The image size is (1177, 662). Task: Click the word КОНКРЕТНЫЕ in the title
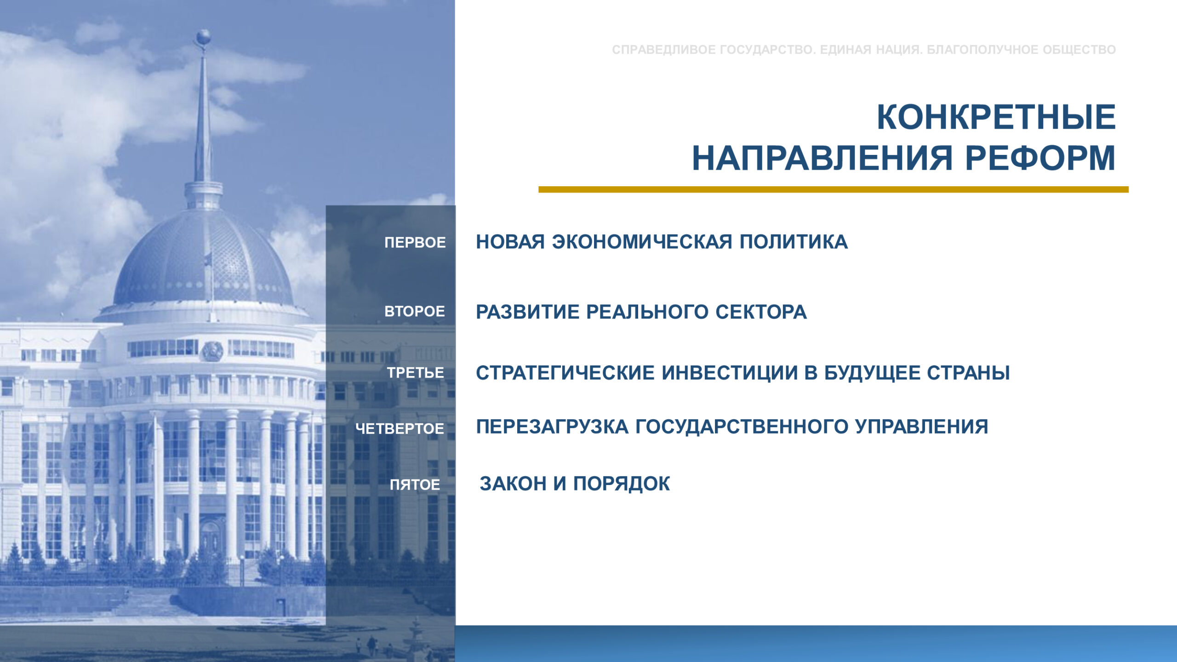[x=996, y=118]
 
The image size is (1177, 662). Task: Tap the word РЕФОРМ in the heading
[x=1040, y=159]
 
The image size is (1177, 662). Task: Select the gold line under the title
[x=834, y=189]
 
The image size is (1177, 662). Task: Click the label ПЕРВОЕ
[x=415, y=242]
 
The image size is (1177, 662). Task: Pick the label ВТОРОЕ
[x=415, y=311]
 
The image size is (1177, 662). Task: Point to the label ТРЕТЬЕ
[x=415, y=372]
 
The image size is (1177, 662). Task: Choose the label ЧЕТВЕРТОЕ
[x=400, y=428]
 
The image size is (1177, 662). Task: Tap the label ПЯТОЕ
[x=415, y=485]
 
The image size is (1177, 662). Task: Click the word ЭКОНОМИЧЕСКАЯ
[x=642, y=242]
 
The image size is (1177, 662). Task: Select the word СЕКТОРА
[x=761, y=312]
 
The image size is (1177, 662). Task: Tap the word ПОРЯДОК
[x=621, y=484]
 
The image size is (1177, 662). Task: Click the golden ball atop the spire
[x=203, y=37]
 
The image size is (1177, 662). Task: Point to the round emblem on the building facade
[x=212, y=352]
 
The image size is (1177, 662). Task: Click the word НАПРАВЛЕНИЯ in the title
[x=822, y=159]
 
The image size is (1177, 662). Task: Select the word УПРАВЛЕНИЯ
[x=921, y=427]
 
